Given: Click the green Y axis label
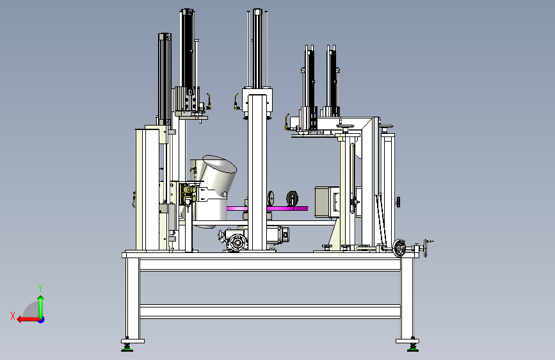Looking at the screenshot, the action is [x=40, y=288].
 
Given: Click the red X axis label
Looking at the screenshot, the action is [x=13, y=316].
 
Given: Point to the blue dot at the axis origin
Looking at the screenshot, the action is [x=42, y=320].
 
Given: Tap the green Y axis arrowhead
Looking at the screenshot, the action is [x=41, y=299].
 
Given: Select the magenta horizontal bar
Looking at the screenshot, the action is [x=267, y=208].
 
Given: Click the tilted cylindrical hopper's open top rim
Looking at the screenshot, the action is [x=220, y=163].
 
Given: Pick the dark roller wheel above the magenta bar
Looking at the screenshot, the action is [x=292, y=199].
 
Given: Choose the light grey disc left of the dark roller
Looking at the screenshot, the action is [x=271, y=199].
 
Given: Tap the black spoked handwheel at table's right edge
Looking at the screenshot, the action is [x=399, y=248].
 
